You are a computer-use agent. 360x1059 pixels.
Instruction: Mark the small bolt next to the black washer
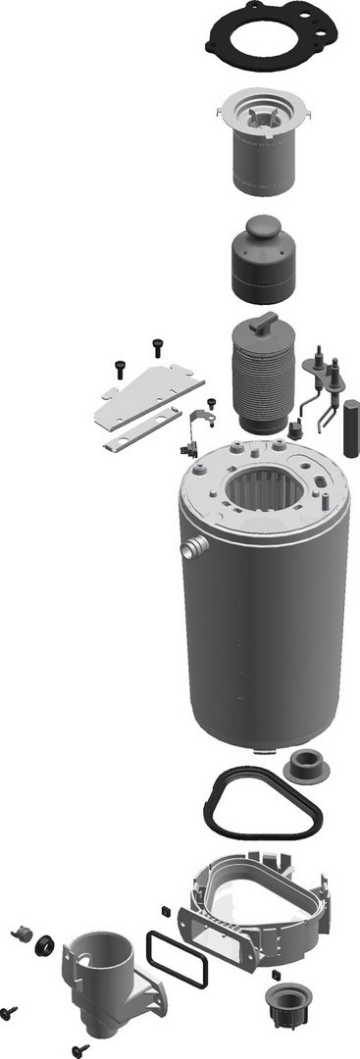pyautogui.click(x=20, y=933)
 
